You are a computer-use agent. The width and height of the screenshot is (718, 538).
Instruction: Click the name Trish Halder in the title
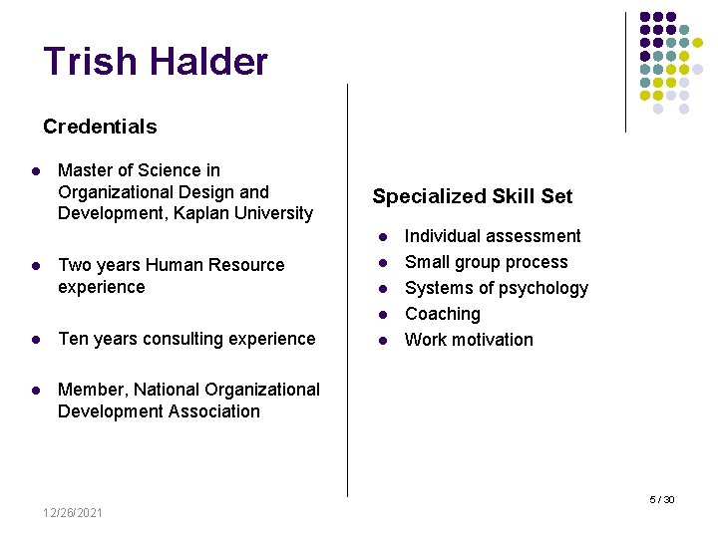tap(156, 62)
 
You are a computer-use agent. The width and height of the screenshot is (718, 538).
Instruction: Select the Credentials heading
tap(100, 127)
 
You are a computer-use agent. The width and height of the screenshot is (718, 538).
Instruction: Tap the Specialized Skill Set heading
tap(472, 196)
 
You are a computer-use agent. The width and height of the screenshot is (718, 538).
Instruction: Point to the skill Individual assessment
tap(492, 236)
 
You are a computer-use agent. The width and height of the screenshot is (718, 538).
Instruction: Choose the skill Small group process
tap(486, 262)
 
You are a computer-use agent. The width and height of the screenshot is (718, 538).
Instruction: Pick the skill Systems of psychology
tap(496, 288)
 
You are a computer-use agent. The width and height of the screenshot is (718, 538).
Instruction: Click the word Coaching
tap(442, 314)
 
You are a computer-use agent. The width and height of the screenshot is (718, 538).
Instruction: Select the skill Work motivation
tap(469, 340)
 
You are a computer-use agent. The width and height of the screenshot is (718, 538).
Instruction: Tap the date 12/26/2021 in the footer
tap(72, 512)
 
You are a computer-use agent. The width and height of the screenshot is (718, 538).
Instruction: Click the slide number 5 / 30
tap(662, 499)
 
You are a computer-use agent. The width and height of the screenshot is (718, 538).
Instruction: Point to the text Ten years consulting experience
tap(186, 339)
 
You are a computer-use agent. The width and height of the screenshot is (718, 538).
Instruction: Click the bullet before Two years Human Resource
tap(35, 266)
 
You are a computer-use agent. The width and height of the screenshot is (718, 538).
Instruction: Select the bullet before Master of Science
tap(35, 171)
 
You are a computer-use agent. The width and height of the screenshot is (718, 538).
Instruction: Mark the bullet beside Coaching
tap(381, 315)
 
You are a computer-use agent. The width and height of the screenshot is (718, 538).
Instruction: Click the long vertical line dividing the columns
tap(347, 299)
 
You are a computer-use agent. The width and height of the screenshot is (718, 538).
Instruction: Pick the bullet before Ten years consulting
tap(35, 340)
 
